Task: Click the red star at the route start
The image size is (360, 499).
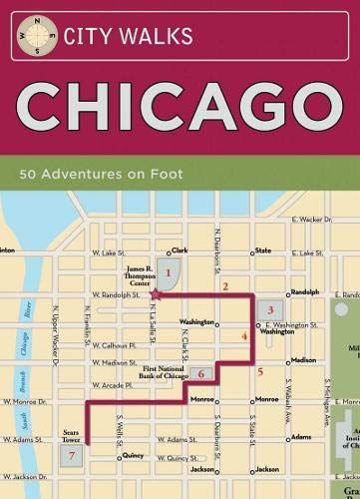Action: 155,294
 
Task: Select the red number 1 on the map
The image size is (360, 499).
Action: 170,271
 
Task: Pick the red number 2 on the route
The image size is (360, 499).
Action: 225,286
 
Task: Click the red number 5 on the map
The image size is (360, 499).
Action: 260,372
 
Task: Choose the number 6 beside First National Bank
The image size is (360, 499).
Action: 200,374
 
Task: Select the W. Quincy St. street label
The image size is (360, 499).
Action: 173,457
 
